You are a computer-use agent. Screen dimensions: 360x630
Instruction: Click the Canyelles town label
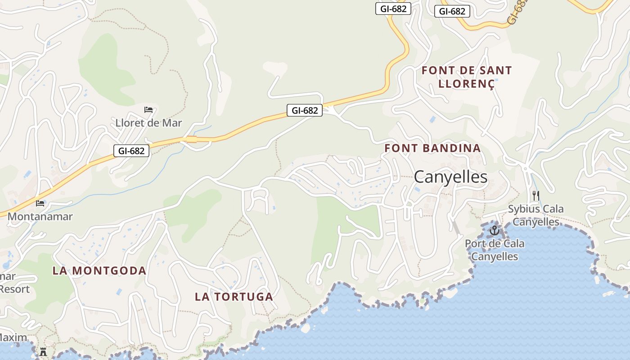[450, 177]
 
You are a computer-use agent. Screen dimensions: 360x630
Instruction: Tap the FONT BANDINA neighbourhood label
[432, 148]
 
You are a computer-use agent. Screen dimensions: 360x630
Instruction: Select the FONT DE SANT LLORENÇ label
[467, 77]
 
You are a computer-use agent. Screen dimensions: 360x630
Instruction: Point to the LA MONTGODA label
[99, 270]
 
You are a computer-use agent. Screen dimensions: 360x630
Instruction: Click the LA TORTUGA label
[234, 297]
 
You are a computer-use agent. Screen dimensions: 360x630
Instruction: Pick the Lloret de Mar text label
[148, 123]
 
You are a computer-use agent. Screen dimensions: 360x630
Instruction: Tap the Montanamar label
[40, 216]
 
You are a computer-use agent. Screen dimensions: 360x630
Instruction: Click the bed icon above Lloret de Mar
[148, 110]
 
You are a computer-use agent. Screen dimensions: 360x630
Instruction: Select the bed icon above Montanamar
[40, 203]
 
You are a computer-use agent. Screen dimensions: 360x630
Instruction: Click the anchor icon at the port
[495, 230]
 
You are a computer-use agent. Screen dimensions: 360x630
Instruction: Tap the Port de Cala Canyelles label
[495, 250]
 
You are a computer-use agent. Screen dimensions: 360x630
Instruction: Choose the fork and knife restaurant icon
[535, 196]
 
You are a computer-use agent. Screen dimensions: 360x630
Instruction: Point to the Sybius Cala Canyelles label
[535, 215]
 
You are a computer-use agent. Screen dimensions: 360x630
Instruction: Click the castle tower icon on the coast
[43, 351]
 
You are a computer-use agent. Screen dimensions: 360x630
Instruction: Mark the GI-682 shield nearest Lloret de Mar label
[131, 151]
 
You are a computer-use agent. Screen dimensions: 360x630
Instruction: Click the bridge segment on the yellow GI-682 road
[192, 139]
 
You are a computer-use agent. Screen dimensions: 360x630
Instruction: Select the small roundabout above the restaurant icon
[526, 168]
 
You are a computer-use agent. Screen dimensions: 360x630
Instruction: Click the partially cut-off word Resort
[14, 289]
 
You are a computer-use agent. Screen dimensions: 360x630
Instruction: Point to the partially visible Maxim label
[13, 337]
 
